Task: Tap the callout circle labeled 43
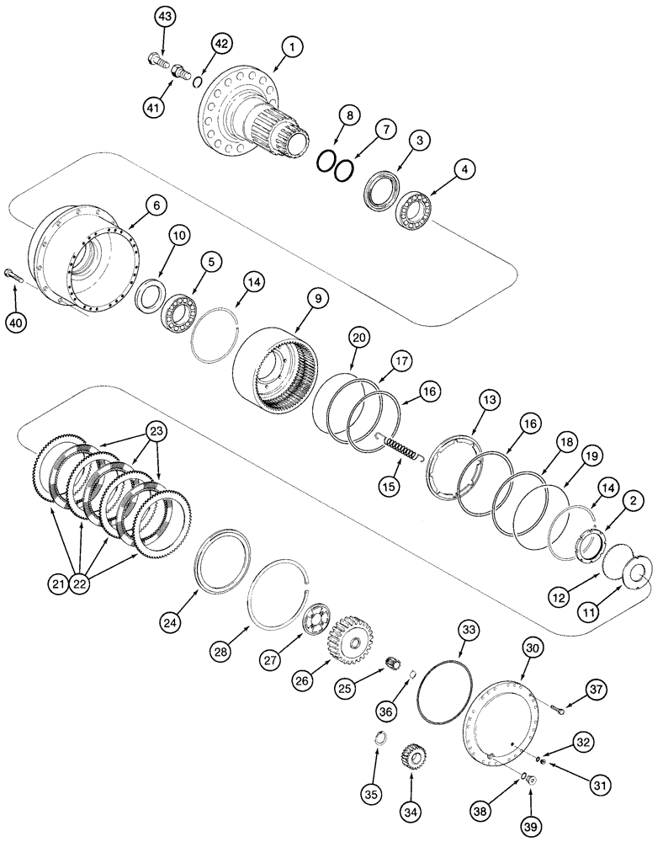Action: click(166, 17)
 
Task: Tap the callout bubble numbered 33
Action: click(469, 629)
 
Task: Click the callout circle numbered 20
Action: click(359, 337)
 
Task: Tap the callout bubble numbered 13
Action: click(491, 398)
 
